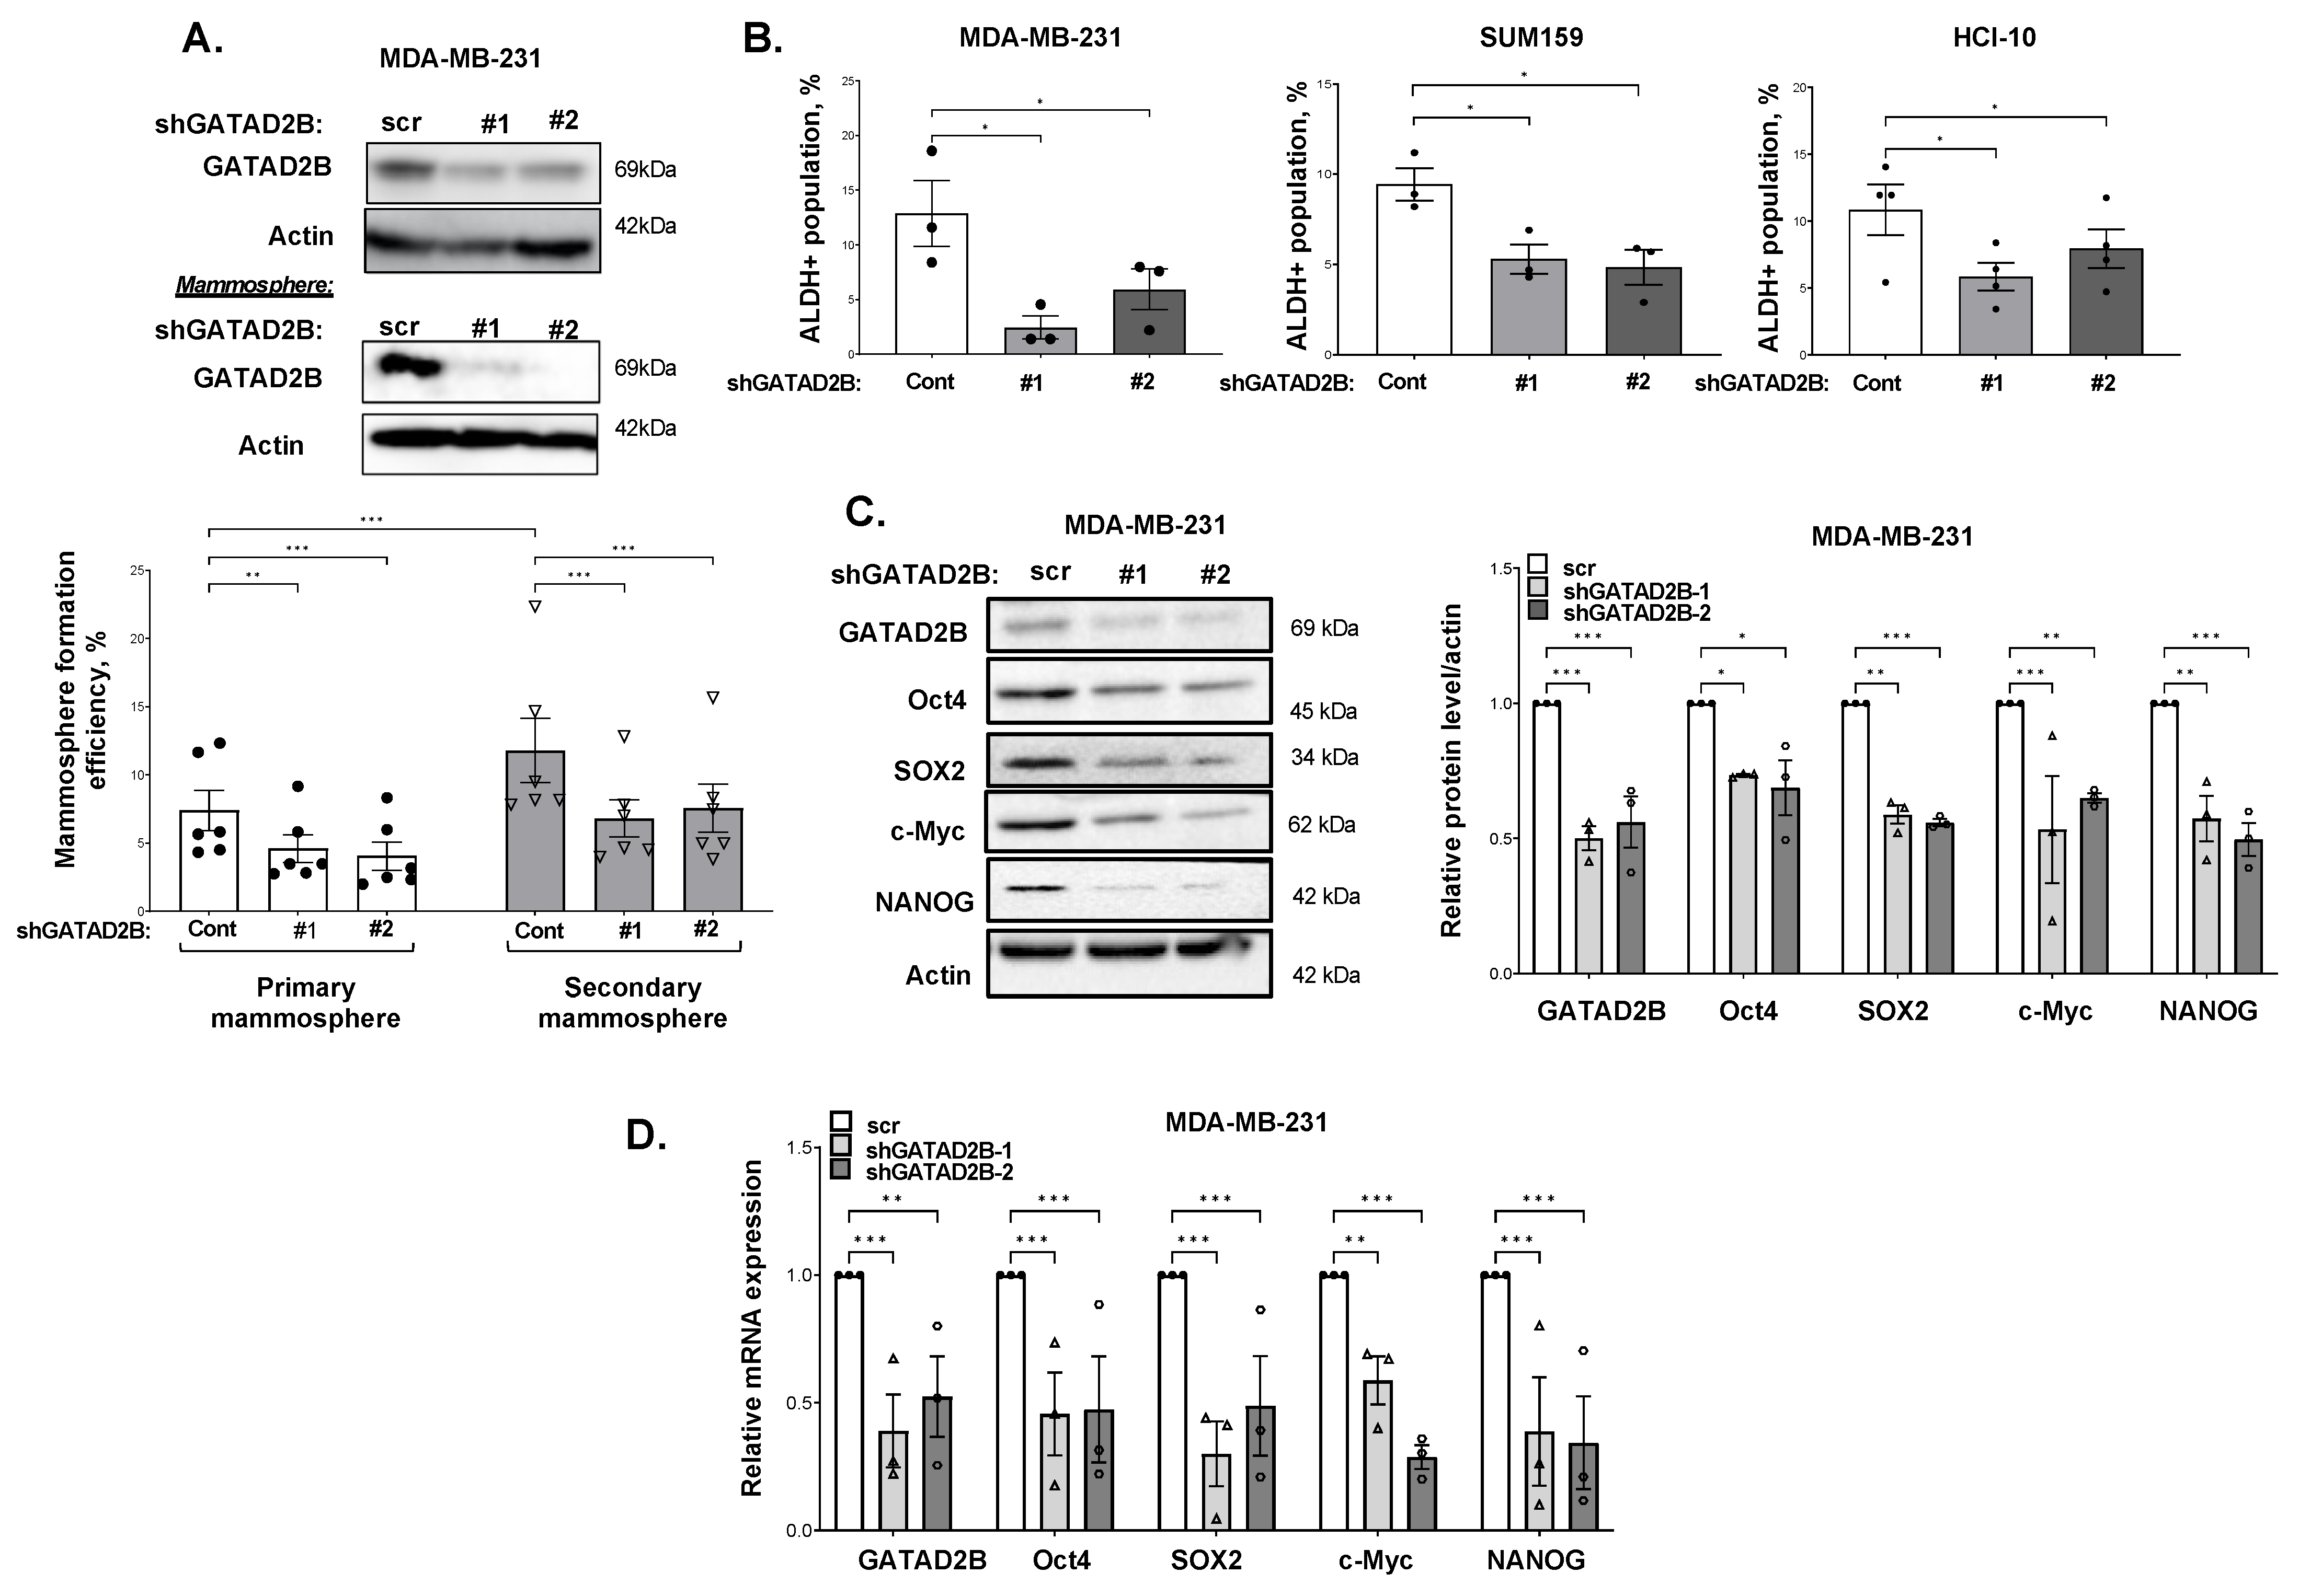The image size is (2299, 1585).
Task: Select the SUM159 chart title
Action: pos(1531,38)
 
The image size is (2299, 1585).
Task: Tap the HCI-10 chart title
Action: pos(1994,38)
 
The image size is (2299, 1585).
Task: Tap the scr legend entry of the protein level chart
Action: pos(1577,568)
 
